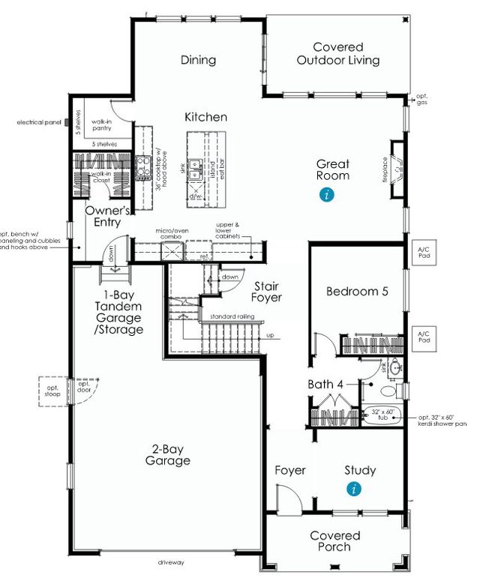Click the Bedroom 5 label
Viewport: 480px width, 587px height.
click(356, 292)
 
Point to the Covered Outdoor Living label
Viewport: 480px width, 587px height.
click(337, 53)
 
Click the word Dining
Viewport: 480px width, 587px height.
click(198, 60)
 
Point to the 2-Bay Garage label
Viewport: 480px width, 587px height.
click(167, 454)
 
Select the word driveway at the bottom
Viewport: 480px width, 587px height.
click(171, 562)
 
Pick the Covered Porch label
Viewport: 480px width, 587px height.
click(334, 541)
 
